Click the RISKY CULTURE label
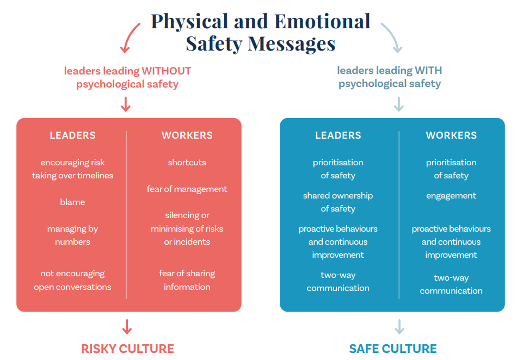(x=127, y=349)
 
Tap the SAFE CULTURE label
(x=393, y=349)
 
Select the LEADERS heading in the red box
(x=72, y=135)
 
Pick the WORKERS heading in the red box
(x=187, y=135)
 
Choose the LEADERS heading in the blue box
(x=338, y=135)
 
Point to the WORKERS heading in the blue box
(x=451, y=135)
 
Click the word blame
(x=72, y=202)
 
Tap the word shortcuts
(x=187, y=162)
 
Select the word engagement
(x=451, y=196)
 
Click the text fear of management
(x=187, y=189)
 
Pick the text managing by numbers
(x=72, y=235)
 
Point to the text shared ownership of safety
(x=338, y=202)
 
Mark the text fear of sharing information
(x=187, y=280)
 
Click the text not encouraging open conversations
(x=72, y=280)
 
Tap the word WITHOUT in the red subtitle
(x=167, y=71)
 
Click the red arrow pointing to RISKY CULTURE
(x=127, y=327)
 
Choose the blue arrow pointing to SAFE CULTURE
(x=399, y=327)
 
